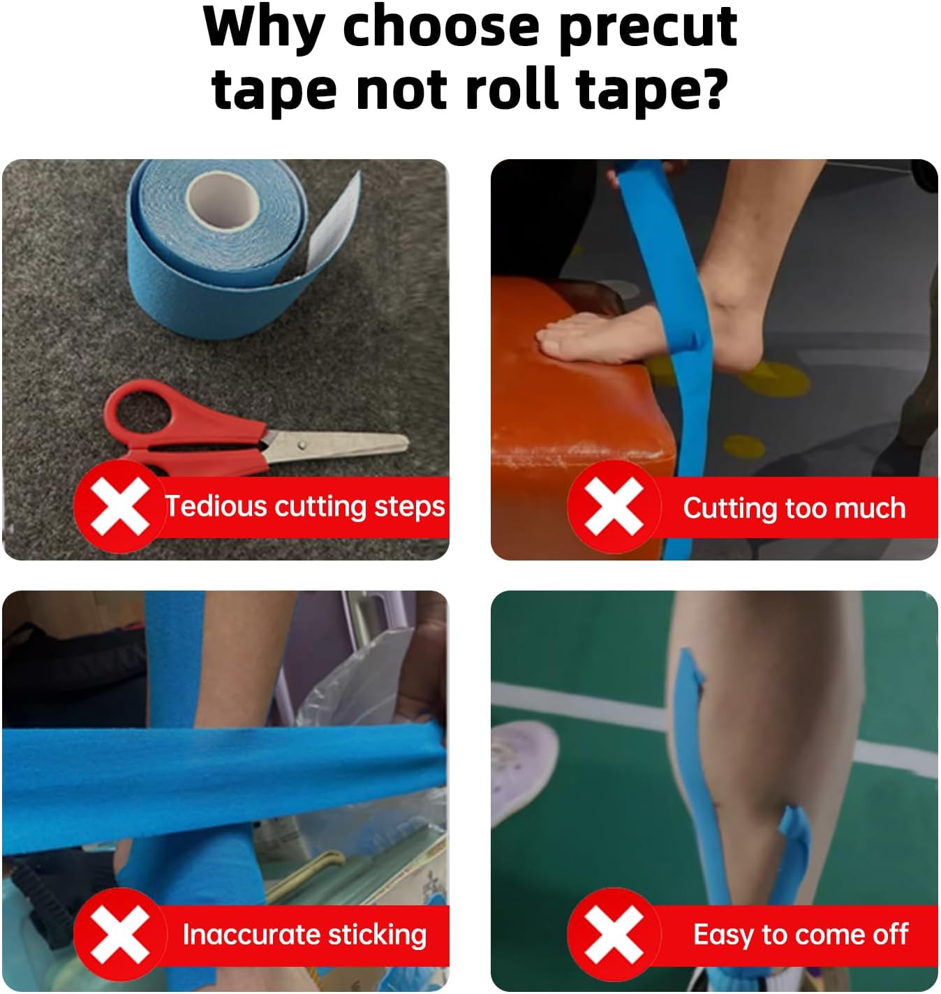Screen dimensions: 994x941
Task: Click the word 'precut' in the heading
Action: [x=648, y=28]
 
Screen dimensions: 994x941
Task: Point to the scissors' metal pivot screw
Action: [x=301, y=443]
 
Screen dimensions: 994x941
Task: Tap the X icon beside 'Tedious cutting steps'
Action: [x=119, y=507]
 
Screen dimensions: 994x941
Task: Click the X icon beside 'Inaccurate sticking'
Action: [x=119, y=935]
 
